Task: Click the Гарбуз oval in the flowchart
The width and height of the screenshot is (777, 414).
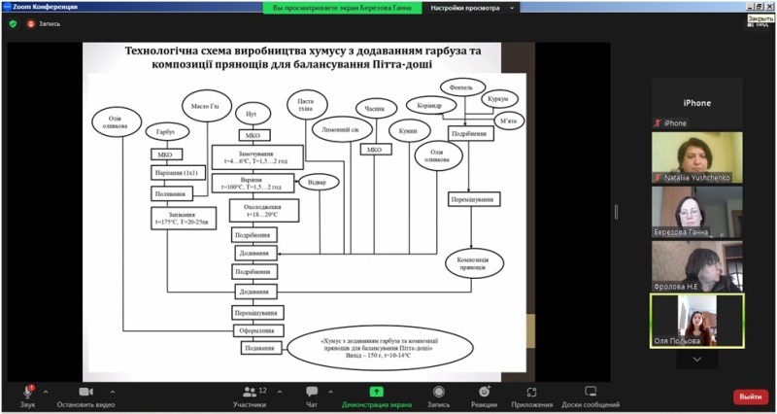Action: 160,132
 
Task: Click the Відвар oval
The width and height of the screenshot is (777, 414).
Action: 323,182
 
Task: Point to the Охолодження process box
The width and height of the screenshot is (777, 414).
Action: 263,210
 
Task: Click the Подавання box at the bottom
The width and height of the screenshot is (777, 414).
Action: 258,348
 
